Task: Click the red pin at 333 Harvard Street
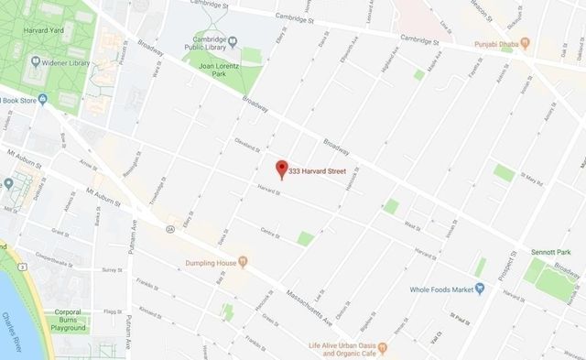pos(281,169)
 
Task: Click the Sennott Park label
pos(550,251)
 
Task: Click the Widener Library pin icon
pos(35,63)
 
